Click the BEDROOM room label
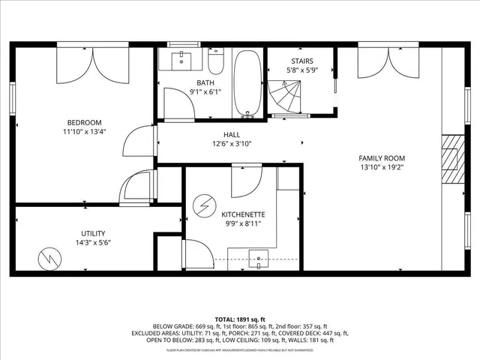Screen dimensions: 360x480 click(84, 122)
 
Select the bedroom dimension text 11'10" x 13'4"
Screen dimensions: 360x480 click(84, 132)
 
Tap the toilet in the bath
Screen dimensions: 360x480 click(215, 61)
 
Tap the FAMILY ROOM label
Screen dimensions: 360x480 click(381, 157)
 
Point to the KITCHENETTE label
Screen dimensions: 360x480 click(243, 214)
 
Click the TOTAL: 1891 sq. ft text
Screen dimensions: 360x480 click(239, 319)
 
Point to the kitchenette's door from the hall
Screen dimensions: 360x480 click(246, 178)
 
